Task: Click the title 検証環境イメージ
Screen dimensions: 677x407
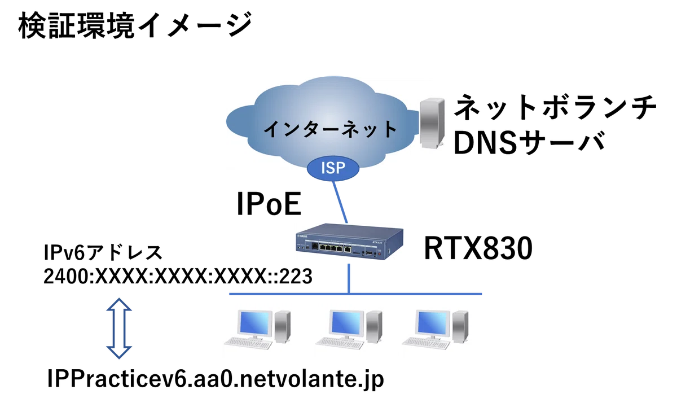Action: (135, 25)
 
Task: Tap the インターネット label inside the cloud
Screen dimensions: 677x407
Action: (330, 129)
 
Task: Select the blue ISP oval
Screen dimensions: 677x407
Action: (333, 168)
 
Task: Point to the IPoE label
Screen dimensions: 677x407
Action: (269, 204)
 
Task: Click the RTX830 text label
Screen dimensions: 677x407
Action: (478, 248)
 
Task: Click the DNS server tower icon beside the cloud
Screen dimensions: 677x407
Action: (432, 123)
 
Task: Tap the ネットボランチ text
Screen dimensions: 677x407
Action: (555, 107)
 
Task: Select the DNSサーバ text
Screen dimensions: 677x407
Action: (529, 143)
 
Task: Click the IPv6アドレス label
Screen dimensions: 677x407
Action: (103, 252)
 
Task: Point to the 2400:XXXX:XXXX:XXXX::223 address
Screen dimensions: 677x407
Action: (178, 276)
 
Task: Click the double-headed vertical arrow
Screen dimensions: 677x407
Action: (119, 329)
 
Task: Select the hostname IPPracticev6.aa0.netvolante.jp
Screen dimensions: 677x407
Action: (216, 379)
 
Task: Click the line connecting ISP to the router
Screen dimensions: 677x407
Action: (340, 202)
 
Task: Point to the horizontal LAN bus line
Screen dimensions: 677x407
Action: (355, 294)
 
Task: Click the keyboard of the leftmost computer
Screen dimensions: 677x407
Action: (248, 343)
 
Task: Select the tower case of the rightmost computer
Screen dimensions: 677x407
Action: (460, 327)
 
